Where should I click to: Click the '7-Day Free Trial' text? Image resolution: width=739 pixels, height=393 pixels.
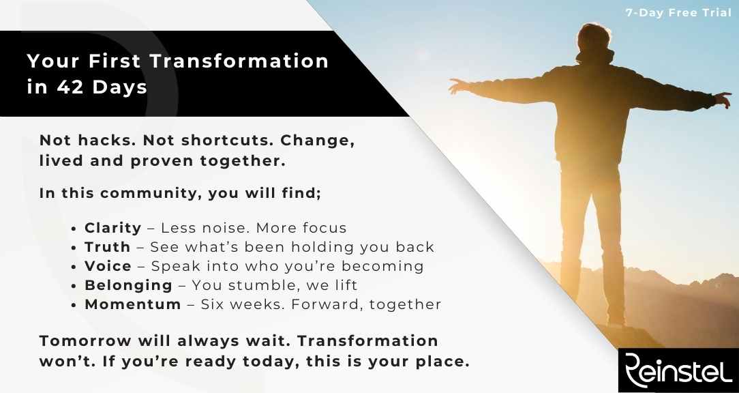[678, 13]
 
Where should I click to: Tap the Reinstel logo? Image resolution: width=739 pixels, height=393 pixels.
[678, 370]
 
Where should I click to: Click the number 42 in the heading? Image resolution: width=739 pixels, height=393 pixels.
[70, 87]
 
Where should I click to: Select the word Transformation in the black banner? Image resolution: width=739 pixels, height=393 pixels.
[239, 61]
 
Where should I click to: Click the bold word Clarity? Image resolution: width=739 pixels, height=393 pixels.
[112, 228]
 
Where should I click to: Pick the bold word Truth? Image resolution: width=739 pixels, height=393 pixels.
[108, 247]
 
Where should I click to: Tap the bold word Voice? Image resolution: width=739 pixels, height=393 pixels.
[108, 266]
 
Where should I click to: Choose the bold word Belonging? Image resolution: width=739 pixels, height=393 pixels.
[128, 285]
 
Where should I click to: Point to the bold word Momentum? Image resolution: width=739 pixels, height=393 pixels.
[132, 304]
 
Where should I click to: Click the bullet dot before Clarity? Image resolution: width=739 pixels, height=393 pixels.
[74, 229]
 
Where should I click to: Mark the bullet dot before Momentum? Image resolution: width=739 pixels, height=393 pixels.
[74, 305]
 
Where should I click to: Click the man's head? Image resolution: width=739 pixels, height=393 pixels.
[594, 38]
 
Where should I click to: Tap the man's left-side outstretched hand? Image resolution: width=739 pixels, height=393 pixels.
[457, 85]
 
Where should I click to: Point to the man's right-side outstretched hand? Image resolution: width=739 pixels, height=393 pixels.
[723, 100]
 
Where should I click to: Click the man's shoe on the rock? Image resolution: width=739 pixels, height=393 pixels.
[616, 322]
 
